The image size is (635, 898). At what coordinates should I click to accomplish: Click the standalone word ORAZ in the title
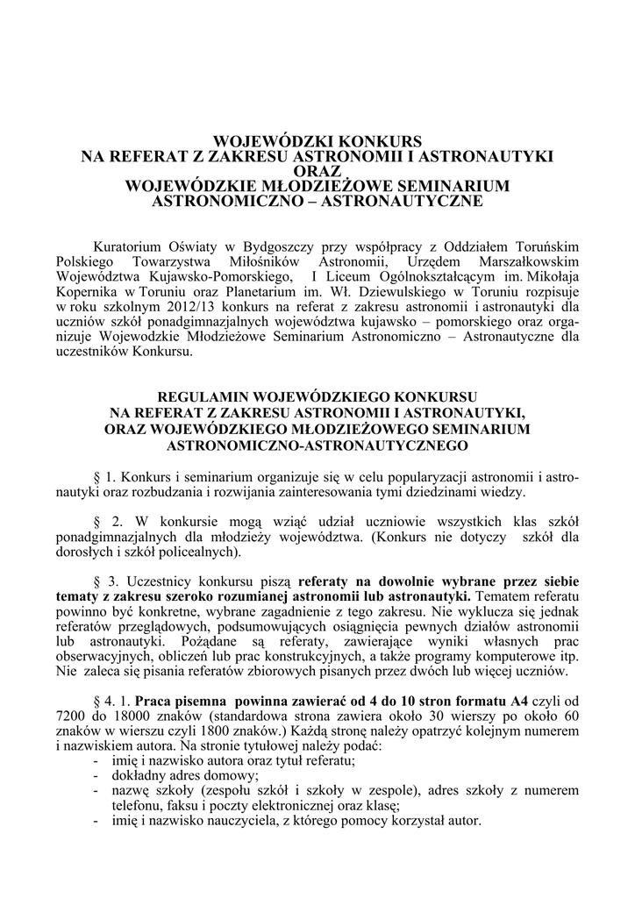coord(317,171)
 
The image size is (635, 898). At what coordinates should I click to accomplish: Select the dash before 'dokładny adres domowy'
coord(95,777)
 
